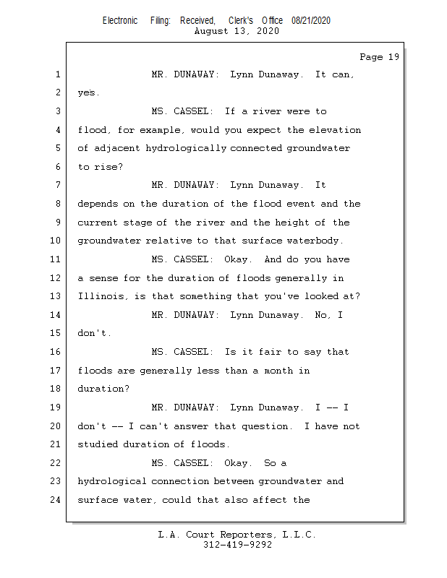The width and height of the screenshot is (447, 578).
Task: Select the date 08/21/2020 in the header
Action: (x=311, y=21)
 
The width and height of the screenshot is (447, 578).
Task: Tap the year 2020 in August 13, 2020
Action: (x=266, y=31)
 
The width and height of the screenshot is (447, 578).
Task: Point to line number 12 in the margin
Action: (x=56, y=278)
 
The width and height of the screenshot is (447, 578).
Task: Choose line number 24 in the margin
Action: (x=56, y=500)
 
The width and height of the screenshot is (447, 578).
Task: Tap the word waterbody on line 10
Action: (x=316, y=241)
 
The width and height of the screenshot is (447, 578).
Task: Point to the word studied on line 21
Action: (x=97, y=444)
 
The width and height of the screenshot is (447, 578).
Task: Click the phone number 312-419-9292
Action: (x=237, y=545)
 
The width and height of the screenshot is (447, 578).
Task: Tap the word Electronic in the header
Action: (x=120, y=21)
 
